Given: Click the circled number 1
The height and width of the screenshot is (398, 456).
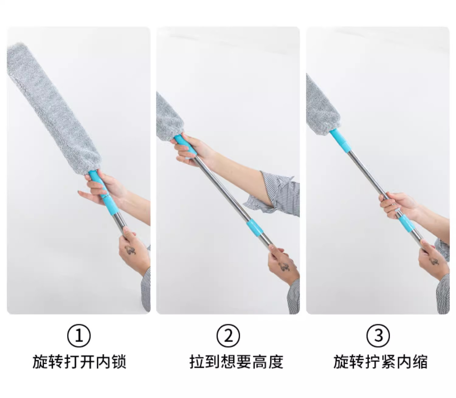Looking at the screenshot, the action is (x=79, y=336).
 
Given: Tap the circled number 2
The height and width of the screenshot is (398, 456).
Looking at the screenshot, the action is (x=228, y=336).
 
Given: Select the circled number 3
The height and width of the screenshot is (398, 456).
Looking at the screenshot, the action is (x=378, y=336).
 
